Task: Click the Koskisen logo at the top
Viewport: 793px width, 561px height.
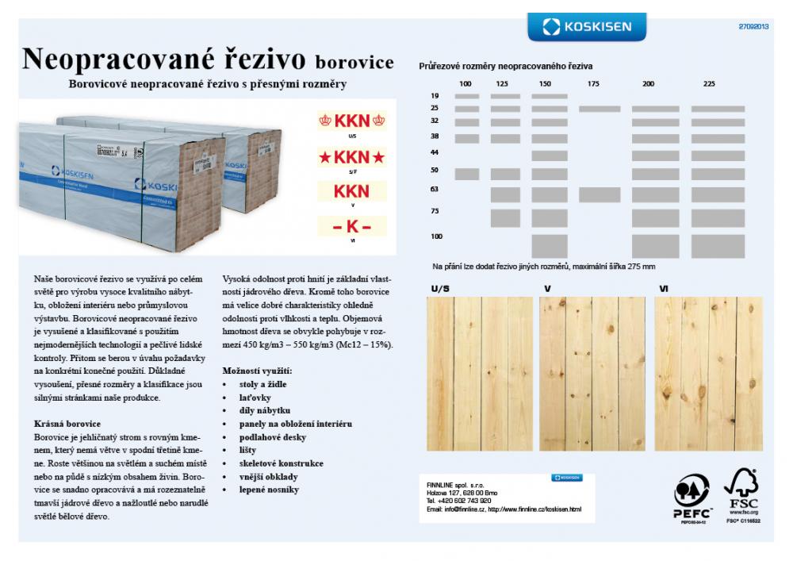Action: coord(587,27)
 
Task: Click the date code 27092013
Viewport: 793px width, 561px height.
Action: coord(753,26)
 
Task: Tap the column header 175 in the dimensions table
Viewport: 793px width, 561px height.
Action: coord(593,84)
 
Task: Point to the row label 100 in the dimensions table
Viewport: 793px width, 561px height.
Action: coord(436,236)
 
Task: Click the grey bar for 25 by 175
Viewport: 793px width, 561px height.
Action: coord(599,109)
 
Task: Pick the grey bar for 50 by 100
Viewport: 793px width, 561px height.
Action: coord(467,174)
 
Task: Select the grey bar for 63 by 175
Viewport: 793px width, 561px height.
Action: coord(599,194)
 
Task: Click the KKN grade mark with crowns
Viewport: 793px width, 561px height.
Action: coord(351,121)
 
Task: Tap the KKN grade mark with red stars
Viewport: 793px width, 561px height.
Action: coord(351,156)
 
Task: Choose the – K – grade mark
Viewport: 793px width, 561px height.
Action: coord(351,226)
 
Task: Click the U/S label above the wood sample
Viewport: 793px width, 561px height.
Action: coord(439,289)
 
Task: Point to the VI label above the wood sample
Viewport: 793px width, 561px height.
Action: coord(663,289)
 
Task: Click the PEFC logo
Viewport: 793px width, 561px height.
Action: coord(691,496)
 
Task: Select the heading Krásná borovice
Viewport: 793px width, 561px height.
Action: coord(67,425)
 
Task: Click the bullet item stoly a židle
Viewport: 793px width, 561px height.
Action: coord(262,384)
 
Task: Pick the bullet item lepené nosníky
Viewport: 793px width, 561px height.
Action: coord(269,490)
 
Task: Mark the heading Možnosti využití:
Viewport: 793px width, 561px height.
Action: coord(257,371)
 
